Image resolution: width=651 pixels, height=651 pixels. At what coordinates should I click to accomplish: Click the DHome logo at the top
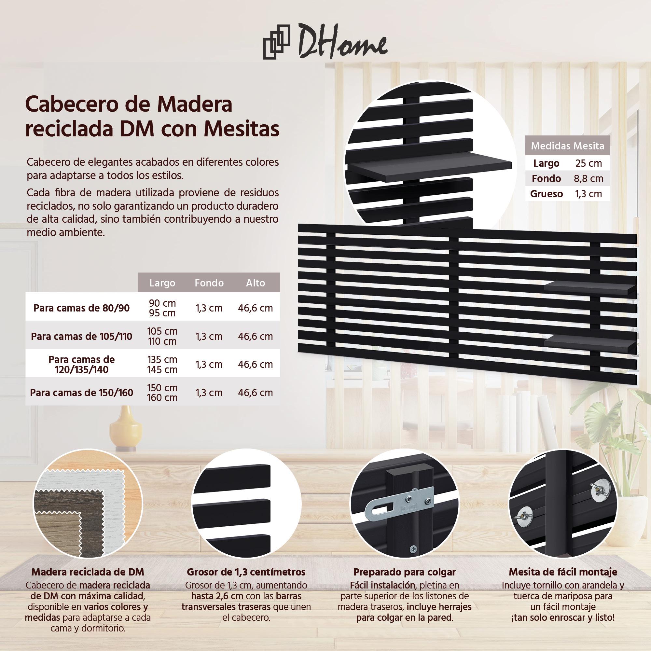pyautogui.click(x=325, y=45)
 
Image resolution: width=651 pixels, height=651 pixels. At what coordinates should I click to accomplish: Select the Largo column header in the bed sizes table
pyautogui.click(x=162, y=283)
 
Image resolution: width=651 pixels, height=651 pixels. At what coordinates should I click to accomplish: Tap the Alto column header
pyautogui.click(x=256, y=283)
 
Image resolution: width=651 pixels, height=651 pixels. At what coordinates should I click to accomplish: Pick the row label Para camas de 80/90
pyautogui.click(x=82, y=308)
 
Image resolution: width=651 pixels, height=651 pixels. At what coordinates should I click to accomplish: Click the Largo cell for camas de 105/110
pyautogui.click(x=162, y=336)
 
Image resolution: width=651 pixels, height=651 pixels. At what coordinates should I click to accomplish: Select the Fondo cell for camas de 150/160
pyautogui.click(x=209, y=393)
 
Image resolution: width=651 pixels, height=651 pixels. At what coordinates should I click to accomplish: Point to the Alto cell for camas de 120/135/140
pyautogui.click(x=256, y=364)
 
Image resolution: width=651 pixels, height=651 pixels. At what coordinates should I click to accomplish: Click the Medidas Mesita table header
pyautogui.click(x=568, y=146)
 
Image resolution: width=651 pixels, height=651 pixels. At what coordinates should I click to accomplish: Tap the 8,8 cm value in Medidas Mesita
pyautogui.click(x=588, y=178)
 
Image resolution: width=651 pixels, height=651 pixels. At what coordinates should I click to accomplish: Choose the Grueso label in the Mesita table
pyautogui.click(x=546, y=194)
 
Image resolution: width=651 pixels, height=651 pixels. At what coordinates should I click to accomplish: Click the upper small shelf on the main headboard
pyautogui.click(x=590, y=287)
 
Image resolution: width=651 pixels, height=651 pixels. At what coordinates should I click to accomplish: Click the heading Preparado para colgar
pyautogui.click(x=404, y=572)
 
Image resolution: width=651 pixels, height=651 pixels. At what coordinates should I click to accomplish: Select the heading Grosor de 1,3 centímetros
pyautogui.click(x=246, y=572)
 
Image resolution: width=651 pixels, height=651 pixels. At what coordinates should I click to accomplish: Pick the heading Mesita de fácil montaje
pyautogui.click(x=563, y=572)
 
